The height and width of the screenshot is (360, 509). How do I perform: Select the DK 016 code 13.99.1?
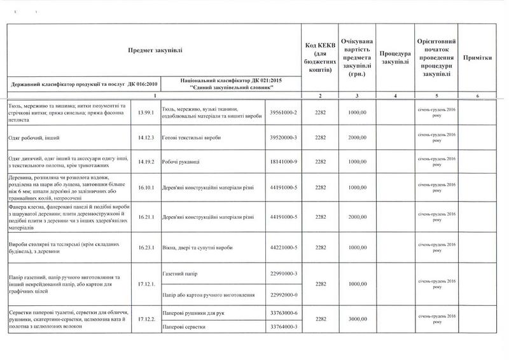pyautogui.click(x=145, y=113)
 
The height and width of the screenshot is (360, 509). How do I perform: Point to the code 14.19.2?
pyautogui.click(x=145, y=162)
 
